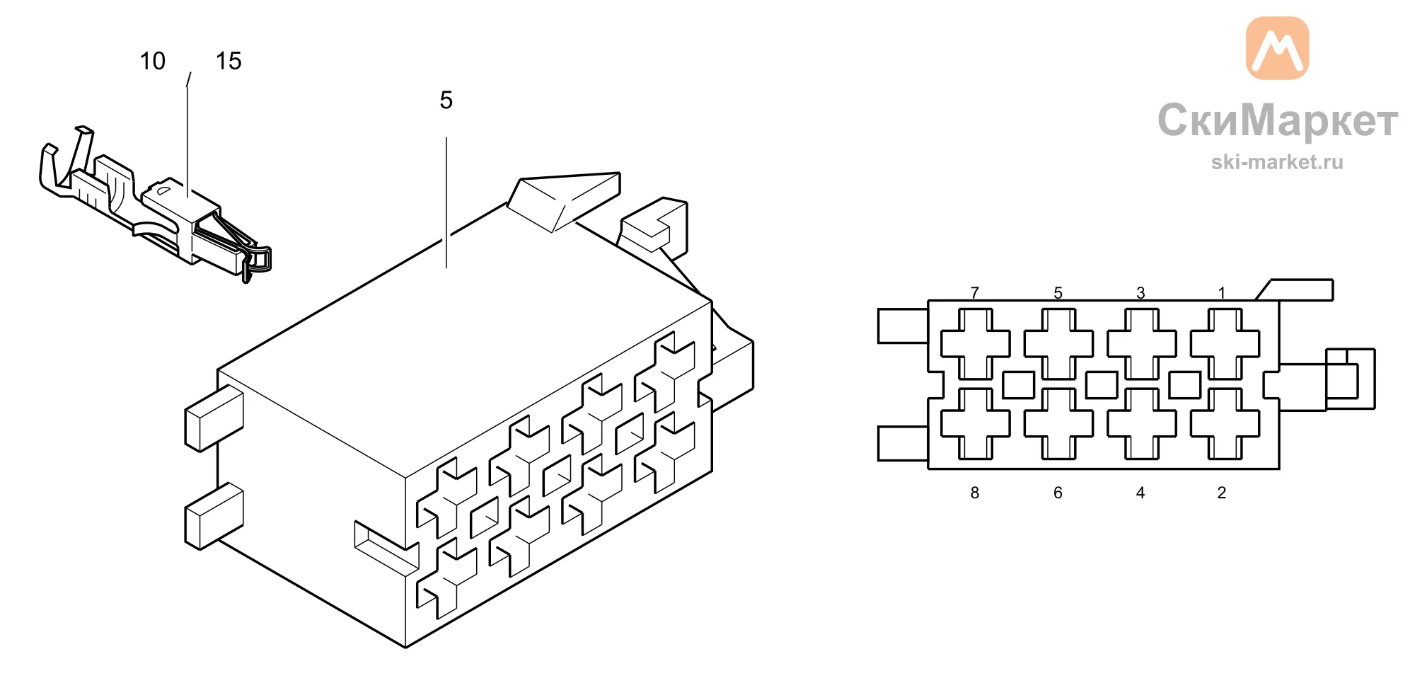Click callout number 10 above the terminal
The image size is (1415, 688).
pos(152,61)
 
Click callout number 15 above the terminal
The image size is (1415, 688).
pos(229,61)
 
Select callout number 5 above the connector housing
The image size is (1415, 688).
pos(446,100)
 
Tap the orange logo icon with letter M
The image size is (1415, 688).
pos(1277,48)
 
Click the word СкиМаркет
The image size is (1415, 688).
pos(1278,120)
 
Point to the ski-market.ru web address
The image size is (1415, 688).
pos(1277,162)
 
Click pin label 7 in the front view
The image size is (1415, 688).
pos(975,292)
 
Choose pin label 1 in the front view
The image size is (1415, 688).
pos(1222,292)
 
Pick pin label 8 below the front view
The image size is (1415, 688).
pos(975,493)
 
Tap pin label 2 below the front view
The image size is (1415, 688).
pos(1222,493)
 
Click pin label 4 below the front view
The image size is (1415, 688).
pos(1140,493)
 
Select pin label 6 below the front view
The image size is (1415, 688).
pos(1058,493)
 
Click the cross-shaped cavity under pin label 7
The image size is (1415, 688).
pos(975,344)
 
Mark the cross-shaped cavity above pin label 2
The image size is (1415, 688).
pos(1225,423)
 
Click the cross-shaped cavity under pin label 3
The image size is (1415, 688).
pos(1141,344)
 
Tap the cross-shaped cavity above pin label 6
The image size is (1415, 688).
pos(1058,423)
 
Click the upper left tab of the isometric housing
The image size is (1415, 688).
pos(214,418)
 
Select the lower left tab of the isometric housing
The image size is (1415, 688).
pos(214,516)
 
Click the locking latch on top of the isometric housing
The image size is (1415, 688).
pos(564,201)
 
